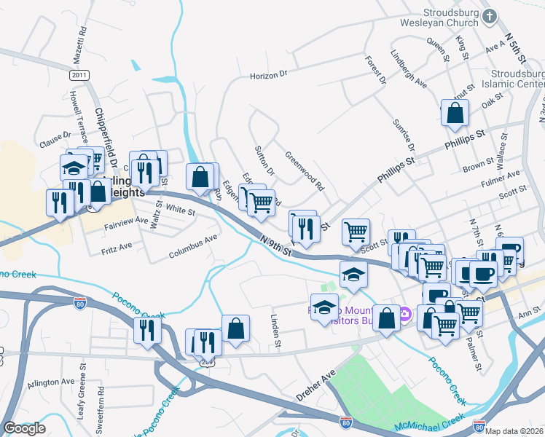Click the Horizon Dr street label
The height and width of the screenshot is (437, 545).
pyautogui.click(x=269, y=74)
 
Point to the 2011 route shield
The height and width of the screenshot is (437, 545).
pyautogui.click(x=79, y=76)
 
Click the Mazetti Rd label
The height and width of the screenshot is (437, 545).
pyautogui.click(x=82, y=44)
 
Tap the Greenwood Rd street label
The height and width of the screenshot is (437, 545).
pyautogui.click(x=304, y=170)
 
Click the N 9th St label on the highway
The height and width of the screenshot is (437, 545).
pyautogui.click(x=277, y=244)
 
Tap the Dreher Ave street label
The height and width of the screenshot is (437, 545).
pyautogui.click(x=315, y=385)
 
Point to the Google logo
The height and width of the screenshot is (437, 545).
pyautogui.click(x=24, y=428)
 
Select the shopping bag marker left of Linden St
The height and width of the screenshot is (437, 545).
pyautogui.click(x=235, y=328)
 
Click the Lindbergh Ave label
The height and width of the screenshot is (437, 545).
pyautogui.click(x=409, y=69)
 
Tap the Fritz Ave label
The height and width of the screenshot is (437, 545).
pyautogui.click(x=117, y=248)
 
